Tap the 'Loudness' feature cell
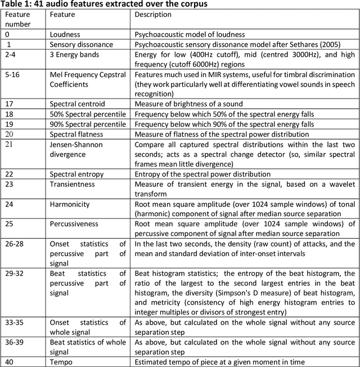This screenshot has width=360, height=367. (65, 35)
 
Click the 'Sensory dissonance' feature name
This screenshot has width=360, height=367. (81, 44)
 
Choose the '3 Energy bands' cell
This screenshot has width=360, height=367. (74, 55)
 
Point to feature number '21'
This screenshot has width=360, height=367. (8, 144)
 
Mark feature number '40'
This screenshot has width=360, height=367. (9, 361)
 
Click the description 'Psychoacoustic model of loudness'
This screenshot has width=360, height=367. (190, 35)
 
